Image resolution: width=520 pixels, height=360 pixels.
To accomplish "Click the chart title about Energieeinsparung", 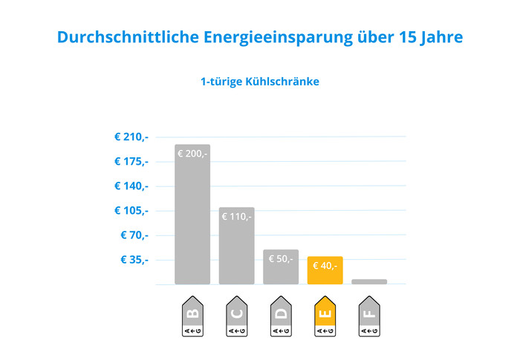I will (259, 37).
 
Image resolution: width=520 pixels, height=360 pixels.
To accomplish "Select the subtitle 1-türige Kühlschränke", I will (259, 81).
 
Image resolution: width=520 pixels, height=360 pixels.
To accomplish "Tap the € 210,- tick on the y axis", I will (131, 137).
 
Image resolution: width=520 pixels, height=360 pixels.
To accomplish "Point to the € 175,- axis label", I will (131, 162).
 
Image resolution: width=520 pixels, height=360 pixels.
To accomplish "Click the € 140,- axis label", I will (131, 186).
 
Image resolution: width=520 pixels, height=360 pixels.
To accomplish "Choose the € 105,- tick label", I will (131, 211).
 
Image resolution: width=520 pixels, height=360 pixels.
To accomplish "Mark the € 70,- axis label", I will (134, 235).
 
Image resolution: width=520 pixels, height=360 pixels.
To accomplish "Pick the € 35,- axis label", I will (134, 260).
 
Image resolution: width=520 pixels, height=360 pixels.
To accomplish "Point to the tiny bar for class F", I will (369, 281).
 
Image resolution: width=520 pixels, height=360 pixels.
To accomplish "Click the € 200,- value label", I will (192, 154).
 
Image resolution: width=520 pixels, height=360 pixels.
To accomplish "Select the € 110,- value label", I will (237, 217).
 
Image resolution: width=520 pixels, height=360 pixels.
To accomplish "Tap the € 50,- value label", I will (281, 258).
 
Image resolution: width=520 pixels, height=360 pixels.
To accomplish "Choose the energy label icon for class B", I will (192, 317).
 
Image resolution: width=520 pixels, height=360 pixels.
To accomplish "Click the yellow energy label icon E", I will (325, 317).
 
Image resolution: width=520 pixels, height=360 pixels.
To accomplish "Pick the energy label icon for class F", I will (369, 317).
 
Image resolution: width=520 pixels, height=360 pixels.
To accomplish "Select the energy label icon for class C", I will (237, 317).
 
